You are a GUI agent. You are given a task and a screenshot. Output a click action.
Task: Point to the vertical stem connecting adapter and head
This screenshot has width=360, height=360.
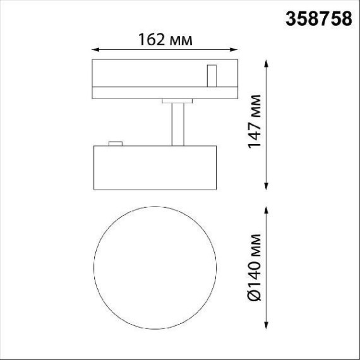coord(177,123)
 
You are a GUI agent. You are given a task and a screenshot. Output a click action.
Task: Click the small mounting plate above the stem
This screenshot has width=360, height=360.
coord(177,100)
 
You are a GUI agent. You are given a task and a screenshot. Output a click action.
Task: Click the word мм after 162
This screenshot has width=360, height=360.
coord(181,39)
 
